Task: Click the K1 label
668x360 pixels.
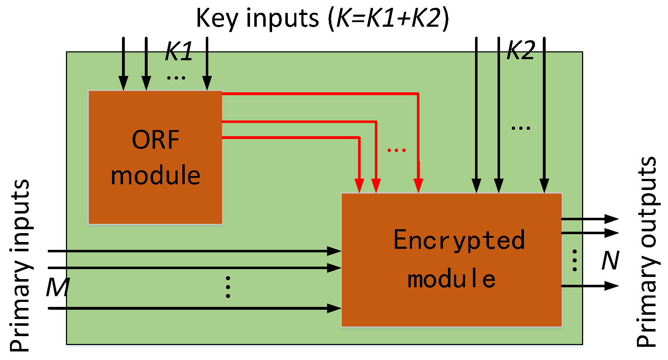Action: click(179, 52)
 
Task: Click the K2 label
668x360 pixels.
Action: click(521, 50)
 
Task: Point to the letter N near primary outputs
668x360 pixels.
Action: click(610, 261)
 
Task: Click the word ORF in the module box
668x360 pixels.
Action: click(155, 140)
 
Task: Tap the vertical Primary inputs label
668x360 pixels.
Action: click(20, 266)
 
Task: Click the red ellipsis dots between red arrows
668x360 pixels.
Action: click(397, 150)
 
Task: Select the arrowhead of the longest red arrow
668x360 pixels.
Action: click(418, 186)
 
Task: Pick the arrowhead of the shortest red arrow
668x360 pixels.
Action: click(360, 186)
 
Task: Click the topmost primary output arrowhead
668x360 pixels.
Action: click(611, 219)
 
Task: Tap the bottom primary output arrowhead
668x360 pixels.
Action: click(611, 286)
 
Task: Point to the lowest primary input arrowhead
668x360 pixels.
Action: click(334, 308)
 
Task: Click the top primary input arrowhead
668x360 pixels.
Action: click(334, 251)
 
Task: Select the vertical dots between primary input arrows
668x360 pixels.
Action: click(228, 287)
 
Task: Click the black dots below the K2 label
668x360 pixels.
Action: click(521, 128)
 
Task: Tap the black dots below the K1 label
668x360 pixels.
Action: click(176, 77)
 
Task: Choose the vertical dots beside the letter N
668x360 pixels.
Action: click(575, 261)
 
